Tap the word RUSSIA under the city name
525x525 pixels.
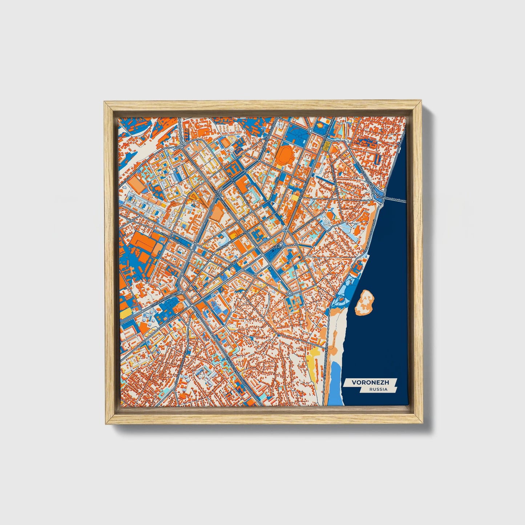[x=378, y=389]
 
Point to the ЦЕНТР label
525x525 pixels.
[x=277, y=247]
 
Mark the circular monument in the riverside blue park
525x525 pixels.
[x=341, y=299]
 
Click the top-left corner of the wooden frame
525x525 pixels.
[x=105, y=102]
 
